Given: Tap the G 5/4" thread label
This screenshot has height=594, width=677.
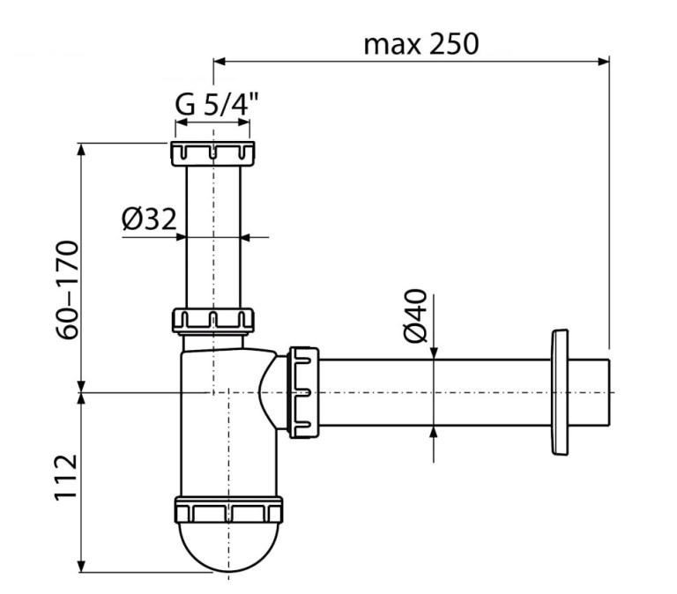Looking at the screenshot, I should (212, 103).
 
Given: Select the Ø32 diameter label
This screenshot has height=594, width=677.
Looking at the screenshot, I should (149, 219).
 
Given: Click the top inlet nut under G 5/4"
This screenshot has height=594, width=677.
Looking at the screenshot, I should (212, 153).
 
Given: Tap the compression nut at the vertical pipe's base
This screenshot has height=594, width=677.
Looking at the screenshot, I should (212, 319).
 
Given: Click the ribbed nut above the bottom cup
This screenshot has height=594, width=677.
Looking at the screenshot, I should (227, 512).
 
